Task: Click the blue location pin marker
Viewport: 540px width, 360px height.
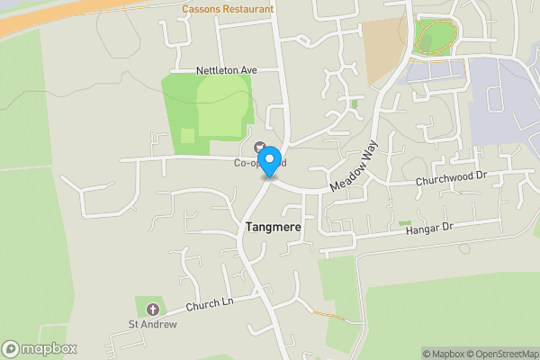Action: pos(268,163)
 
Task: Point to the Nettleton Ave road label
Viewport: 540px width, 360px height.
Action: pos(226,69)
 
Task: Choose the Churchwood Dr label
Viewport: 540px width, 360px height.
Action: pos(451,180)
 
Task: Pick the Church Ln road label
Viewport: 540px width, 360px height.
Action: pos(209,304)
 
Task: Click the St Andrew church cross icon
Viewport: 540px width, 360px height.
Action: pos(146,307)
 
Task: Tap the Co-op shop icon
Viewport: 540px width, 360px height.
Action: pos(261,148)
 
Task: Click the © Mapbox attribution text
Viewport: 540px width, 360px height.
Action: pos(441,353)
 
